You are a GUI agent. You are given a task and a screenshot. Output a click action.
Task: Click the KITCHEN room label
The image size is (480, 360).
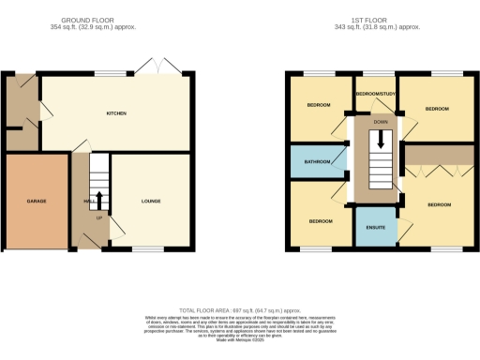pos(116,113)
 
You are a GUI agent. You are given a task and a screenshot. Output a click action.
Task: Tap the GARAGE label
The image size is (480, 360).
pos(37,201)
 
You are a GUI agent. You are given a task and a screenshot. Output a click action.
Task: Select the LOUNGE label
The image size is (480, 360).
pos(151,201)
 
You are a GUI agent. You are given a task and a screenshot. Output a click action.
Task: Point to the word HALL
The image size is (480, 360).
pos(87,201)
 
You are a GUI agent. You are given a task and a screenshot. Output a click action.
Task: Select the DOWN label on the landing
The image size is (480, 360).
pos(380,122)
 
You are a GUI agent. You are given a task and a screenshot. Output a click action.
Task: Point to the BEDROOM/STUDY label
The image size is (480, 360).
pos(379,95)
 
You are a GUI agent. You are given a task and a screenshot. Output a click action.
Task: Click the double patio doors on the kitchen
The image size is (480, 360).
pos(151,67)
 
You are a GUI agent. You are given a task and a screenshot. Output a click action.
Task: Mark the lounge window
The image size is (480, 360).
pos(142,248)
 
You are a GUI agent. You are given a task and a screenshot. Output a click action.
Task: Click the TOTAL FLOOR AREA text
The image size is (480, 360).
pos(239,310)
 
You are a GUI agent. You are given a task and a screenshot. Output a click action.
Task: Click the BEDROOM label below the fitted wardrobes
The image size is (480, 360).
pos(439,203)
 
